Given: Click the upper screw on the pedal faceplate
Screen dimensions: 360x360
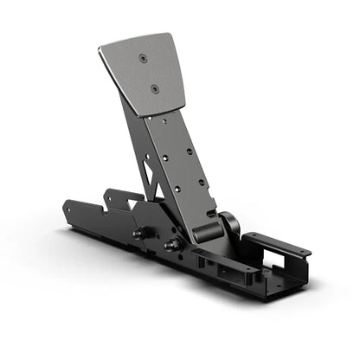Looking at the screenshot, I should click(x=143, y=58).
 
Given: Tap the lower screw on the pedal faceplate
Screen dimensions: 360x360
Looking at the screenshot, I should click(x=154, y=87).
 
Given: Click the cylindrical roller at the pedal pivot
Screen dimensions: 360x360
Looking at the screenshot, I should click(x=206, y=231).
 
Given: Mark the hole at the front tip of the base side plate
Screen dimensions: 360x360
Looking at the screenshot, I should click(x=67, y=208).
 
